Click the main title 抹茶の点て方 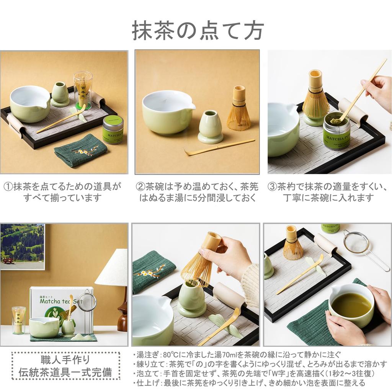pyautogui.click(x=198, y=31)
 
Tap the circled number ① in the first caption pyautogui.click(x=8, y=187)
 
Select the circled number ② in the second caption pyautogui.click(x=140, y=187)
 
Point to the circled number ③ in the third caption pyautogui.click(x=272, y=187)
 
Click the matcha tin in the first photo pyautogui.click(x=113, y=130)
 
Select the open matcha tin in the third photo pyautogui.click(x=336, y=130)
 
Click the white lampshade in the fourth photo pyautogui.click(x=112, y=268)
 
